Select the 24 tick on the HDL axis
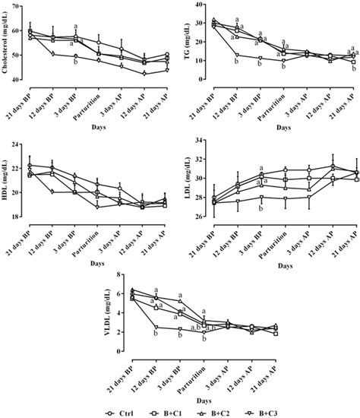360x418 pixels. point(21,142)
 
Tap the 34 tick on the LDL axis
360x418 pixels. point(201,142)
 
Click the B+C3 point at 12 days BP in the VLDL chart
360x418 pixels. point(156,327)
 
